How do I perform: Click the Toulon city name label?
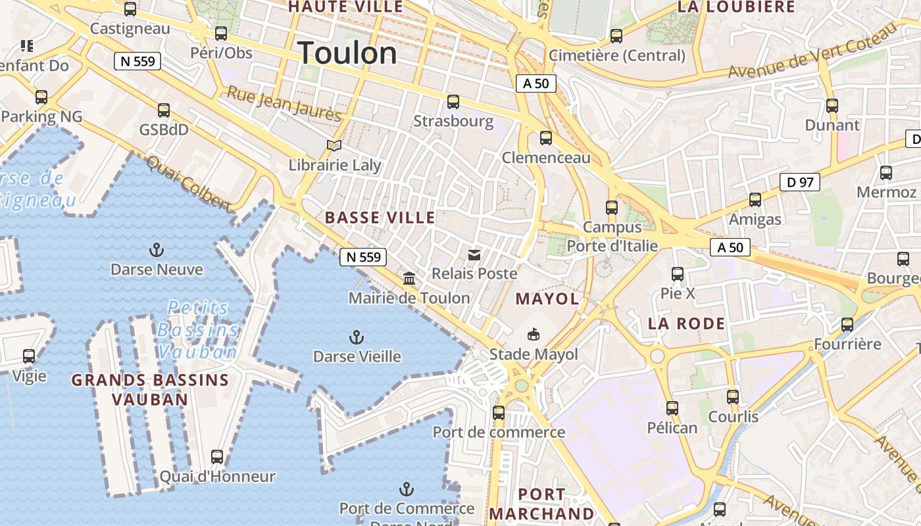(347, 53)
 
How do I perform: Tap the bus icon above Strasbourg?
(453, 102)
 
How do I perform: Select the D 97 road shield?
(800, 182)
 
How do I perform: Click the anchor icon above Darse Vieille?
(356, 338)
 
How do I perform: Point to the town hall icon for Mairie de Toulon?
(409, 279)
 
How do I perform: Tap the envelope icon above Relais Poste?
(474, 255)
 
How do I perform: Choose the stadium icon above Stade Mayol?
(534, 335)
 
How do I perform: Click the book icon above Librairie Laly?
(334, 146)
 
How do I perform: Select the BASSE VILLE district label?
(380, 218)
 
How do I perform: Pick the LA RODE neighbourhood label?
(686, 323)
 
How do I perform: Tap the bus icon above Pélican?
(672, 408)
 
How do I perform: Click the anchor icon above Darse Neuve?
(157, 250)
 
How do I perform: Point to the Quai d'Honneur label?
(218, 476)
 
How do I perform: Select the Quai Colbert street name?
(189, 183)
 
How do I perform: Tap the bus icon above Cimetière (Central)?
(616, 36)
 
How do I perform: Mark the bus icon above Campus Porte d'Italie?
(612, 208)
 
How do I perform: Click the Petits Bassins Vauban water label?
(197, 329)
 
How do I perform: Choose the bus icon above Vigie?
(29, 356)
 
